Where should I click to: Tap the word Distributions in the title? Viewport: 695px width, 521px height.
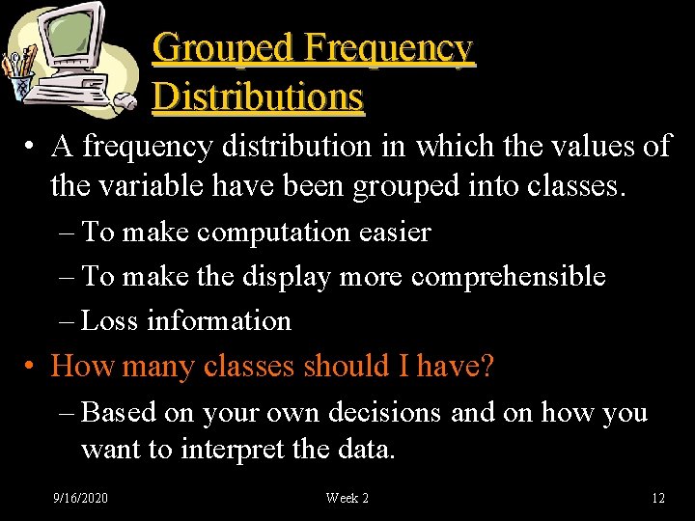pos(258,96)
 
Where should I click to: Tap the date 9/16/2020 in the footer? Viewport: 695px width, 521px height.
pos(80,498)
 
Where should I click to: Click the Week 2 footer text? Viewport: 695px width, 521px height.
pos(347,498)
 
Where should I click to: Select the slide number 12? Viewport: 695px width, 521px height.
pos(658,498)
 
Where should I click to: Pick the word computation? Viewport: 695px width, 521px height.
pos(276,233)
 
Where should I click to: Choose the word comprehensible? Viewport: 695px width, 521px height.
pos(508,277)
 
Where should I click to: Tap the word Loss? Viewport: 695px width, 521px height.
pos(110,320)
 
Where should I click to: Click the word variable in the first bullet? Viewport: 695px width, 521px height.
pos(141,186)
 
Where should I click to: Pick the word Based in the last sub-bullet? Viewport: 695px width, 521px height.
pos(120,413)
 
